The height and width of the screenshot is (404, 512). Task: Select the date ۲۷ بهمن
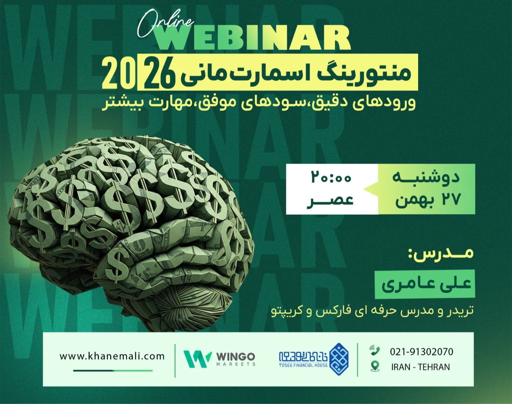coord(426,199)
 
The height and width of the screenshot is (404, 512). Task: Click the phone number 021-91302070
coord(422,352)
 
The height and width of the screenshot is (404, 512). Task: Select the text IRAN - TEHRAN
coord(420,366)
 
